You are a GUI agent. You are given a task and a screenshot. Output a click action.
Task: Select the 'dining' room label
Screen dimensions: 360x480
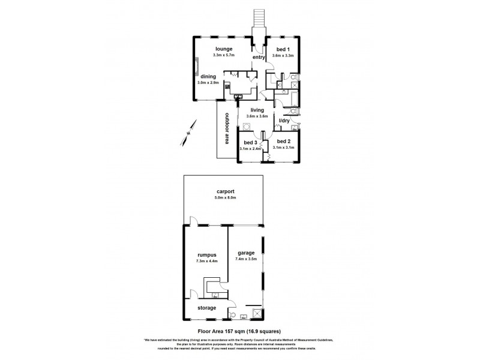tap(208, 76)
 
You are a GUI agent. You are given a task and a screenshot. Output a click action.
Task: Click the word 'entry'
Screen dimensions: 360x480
tap(259, 57)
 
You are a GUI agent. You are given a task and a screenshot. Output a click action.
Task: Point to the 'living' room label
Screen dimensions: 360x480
tap(258, 110)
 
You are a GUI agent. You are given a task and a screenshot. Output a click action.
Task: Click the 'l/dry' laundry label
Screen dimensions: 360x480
tap(284, 121)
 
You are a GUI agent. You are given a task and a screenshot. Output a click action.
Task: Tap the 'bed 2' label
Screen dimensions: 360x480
tap(284, 142)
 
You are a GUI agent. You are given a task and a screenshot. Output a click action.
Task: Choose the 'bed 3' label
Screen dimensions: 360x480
tap(251, 142)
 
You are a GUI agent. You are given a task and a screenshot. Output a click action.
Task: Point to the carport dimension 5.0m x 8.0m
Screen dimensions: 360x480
tap(223, 199)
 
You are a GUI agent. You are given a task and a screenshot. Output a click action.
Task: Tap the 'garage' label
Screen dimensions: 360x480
tap(247, 253)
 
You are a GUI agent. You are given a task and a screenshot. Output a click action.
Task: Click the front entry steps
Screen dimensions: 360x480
tap(259, 19)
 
